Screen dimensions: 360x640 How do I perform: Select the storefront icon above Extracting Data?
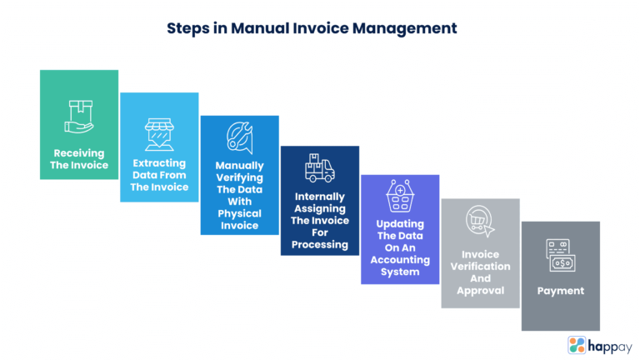(159, 133)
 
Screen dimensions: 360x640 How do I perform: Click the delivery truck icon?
(319, 168)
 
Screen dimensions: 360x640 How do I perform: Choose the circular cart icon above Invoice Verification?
(479, 221)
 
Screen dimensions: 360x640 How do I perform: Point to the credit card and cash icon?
(560, 255)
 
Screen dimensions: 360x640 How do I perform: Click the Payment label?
(560, 291)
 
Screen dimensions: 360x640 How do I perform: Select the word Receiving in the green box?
(79, 153)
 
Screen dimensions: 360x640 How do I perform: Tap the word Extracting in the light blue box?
(159, 163)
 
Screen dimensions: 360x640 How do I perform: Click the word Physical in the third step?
(239, 212)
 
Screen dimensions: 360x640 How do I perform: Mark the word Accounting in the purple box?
(399, 259)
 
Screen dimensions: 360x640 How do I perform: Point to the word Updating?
(399, 223)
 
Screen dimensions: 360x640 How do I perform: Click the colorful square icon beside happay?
(577, 344)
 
